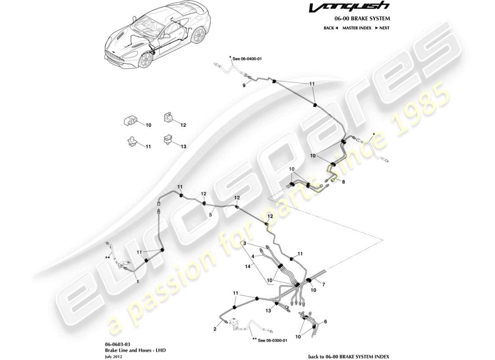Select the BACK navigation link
click(x=330, y=28)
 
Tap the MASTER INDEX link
click(x=356, y=28)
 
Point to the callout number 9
click(x=244, y=85)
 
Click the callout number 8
click(x=343, y=182)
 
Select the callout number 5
click(x=210, y=215)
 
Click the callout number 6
click(x=326, y=322)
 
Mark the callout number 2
click(x=215, y=329)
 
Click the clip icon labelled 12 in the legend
click(x=167, y=118)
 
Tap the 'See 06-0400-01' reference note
click(x=247, y=58)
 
